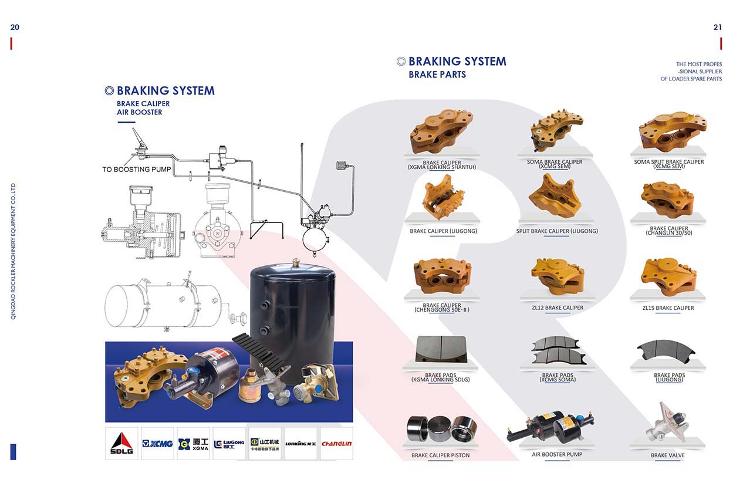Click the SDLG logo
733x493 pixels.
coord(121,443)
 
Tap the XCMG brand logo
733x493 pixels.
coord(157,443)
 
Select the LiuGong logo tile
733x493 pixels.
coord(229,443)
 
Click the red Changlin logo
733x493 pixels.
coord(336,443)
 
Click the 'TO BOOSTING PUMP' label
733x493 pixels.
coord(136,170)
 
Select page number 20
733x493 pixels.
coord(15,27)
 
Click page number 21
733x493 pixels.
coord(717,27)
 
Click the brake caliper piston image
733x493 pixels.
coord(442,429)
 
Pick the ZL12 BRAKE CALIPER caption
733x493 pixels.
coord(557,308)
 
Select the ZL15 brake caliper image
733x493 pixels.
coord(668,276)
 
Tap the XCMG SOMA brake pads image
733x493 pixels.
coord(557,350)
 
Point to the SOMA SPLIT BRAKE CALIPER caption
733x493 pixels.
coord(668,162)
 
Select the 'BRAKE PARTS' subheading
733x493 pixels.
coord(437,75)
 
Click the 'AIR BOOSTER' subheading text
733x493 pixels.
coord(139,112)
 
